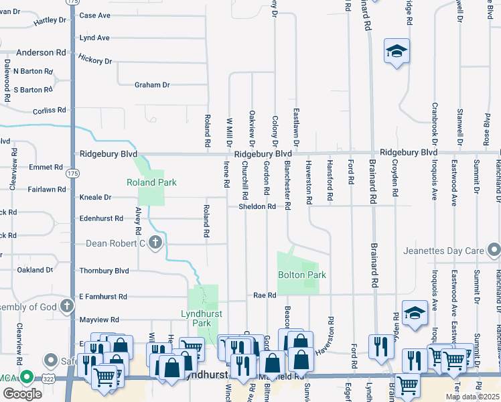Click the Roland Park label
coord(151,182)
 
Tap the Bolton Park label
coord(301,275)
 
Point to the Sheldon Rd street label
coord(258,207)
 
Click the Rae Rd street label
coord(265,295)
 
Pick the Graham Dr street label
coord(152,85)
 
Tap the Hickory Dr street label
coord(94,60)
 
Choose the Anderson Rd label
coord(41,52)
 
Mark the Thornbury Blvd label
coord(104,271)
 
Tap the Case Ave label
coord(94,15)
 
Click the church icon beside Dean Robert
coord(155,243)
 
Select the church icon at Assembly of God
coord(66,307)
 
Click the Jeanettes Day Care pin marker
coord(494,251)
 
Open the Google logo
coord(22,394)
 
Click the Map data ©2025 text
coord(472,397)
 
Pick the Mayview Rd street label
coord(98,320)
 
